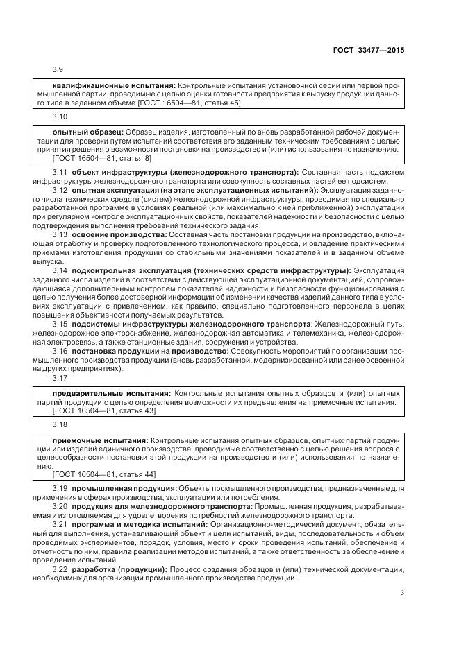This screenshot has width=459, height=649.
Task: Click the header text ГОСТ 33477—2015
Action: (x=370, y=50)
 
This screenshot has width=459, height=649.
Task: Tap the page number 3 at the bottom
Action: (x=402, y=593)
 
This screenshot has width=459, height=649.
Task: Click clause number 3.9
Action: (x=58, y=70)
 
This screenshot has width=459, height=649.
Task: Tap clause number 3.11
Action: (x=60, y=171)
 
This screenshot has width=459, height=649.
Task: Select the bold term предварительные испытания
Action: (x=111, y=392)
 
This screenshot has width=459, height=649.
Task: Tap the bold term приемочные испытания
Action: (x=100, y=440)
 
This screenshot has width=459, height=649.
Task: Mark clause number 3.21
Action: (x=60, y=525)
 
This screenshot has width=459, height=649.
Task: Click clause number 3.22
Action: (x=60, y=570)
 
